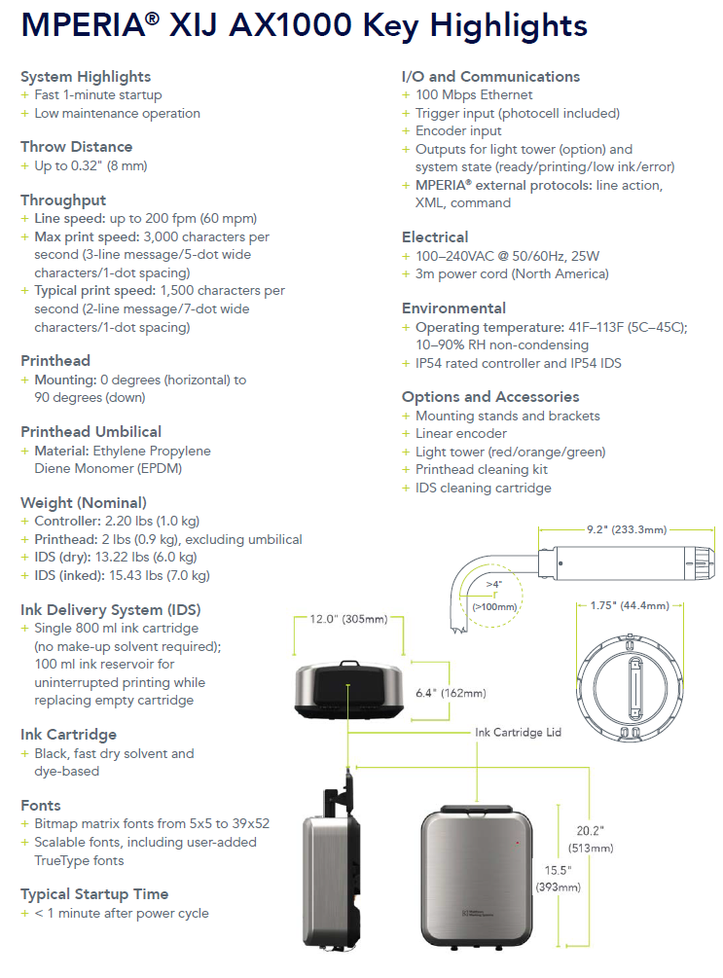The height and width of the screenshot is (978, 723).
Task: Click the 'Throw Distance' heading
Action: pos(76,147)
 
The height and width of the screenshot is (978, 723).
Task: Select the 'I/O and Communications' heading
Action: pos(490,76)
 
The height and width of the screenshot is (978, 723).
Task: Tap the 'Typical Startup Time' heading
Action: pos(94,893)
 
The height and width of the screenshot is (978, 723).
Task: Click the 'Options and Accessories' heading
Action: pos(490,397)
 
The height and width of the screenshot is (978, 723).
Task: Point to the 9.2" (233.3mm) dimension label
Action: pos(626,530)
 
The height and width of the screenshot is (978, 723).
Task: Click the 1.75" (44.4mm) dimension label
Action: pos(630,606)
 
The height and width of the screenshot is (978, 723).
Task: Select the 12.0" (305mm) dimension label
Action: pos(348,619)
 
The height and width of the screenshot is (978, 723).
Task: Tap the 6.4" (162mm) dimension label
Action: pos(451,693)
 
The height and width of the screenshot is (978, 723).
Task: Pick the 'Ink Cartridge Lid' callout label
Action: pos(518,732)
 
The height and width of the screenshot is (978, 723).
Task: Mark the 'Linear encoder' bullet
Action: pos(461,434)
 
